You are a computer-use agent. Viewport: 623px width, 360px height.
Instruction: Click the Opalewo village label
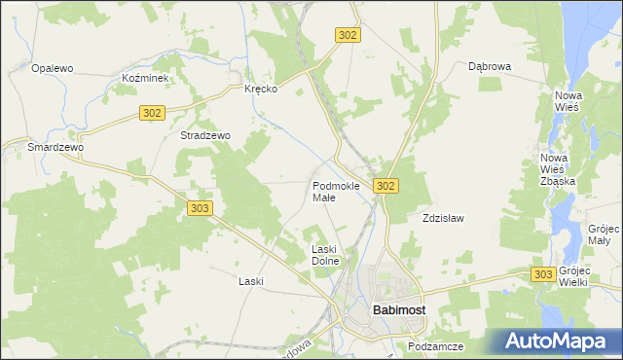pos(54,68)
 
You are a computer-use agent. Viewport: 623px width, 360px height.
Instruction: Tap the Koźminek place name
pos(146,77)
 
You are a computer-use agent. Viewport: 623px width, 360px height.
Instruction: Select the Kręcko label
pos(261,89)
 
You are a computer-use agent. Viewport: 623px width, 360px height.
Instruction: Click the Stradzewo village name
pos(204,136)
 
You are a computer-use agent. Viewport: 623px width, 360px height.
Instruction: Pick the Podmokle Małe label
pos(337,191)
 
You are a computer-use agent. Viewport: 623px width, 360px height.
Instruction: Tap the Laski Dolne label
pos(324,255)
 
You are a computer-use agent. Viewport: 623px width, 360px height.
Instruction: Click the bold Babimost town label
pos(398,310)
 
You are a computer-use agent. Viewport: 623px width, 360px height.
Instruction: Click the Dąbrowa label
pos(490,67)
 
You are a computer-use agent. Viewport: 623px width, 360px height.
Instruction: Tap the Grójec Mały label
pos(598,234)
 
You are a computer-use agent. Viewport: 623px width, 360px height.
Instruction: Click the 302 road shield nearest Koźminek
pos(151,113)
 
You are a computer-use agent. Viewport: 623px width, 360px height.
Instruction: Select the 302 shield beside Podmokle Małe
pos(385,186)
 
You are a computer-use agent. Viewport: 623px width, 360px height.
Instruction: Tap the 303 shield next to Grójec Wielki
pos(544,275)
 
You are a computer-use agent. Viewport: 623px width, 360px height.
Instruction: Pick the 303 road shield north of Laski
pos(199,208)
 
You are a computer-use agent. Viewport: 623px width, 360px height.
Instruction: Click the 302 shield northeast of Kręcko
pos(348,34)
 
